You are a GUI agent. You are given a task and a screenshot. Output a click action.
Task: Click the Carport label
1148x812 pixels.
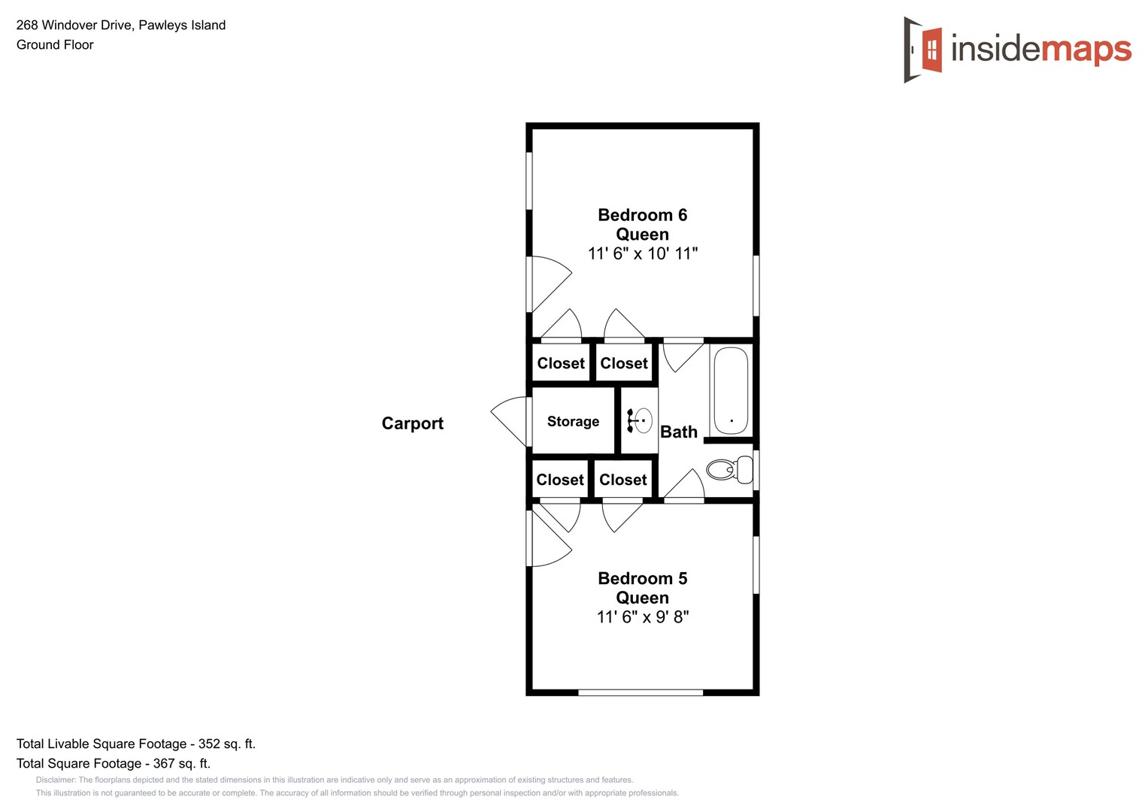pyautogui.click(x=412, y=423)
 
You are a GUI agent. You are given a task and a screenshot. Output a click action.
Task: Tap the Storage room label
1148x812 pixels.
pyautogui.click(x=573, y=422)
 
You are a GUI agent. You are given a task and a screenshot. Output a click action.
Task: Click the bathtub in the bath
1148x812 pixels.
pyautogui.click(x=731, y=390)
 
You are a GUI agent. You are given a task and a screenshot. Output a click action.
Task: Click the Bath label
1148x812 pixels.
pyautogui.click(x=678, y=432)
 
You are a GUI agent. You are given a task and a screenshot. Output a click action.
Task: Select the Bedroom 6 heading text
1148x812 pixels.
pyautogui.click(x=642, y=215)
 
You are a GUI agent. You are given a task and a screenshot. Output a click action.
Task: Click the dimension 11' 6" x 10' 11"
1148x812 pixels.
pyautogui.click(x=642, y=254)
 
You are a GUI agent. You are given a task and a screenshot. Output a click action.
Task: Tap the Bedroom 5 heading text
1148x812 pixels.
pyautogui.click(x=642, y=578)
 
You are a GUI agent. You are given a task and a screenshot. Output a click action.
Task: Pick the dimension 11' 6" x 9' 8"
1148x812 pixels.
pyautogui.click(x=642, y=617)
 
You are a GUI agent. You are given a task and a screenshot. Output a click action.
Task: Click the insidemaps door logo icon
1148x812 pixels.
pyautogui.click(x=923, y=50)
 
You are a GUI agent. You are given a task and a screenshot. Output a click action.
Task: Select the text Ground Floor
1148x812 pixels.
pyautogui.click(x=55, y=45)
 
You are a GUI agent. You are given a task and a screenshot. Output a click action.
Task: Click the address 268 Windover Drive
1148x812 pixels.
pyautogui.click(x=75, y=25)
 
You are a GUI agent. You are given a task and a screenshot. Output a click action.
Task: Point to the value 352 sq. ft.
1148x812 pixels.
pyautogui.click(x=226, y=744)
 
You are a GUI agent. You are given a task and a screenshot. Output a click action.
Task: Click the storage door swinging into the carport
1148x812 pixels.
pyautogui.click(x=510, y=420)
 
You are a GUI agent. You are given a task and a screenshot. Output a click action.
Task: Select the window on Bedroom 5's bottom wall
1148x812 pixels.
pyautogui.click(x=641, y=692)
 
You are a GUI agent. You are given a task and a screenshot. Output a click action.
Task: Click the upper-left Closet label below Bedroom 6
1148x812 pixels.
pyautogui.click(x=561, y=364)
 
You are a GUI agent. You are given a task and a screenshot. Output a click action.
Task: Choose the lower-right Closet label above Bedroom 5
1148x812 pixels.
pyautogui.click(x=622, y=480)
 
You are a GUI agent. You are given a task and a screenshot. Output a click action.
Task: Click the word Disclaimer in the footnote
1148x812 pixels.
pyautogui.click(x=55, y=780)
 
